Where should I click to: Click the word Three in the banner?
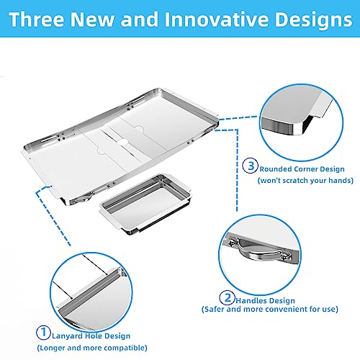point(37,19)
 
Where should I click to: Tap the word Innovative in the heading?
point(217,19)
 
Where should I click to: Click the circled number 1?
point(43,332)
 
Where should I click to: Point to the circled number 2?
point(227,297)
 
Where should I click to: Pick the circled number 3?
point(250,166)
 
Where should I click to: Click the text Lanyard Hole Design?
point(91,336)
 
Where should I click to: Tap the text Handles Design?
point(265,300)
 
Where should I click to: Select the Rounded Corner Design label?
point(302,169)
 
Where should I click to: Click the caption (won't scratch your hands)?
point(305,180)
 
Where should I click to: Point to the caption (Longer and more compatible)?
point(92,348)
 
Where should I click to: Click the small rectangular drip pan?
point(145,204)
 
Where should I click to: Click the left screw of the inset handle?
point(232,243)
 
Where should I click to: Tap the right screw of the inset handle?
point(287,256)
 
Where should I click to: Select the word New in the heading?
point(91,19)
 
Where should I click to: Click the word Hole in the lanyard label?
point(94,336)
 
